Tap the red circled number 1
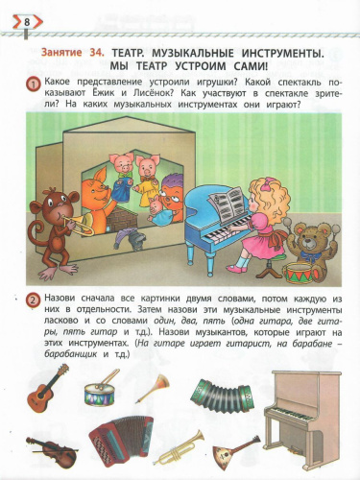pos(34,86)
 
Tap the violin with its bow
pos(53,449)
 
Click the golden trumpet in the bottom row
pos(180,449)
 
